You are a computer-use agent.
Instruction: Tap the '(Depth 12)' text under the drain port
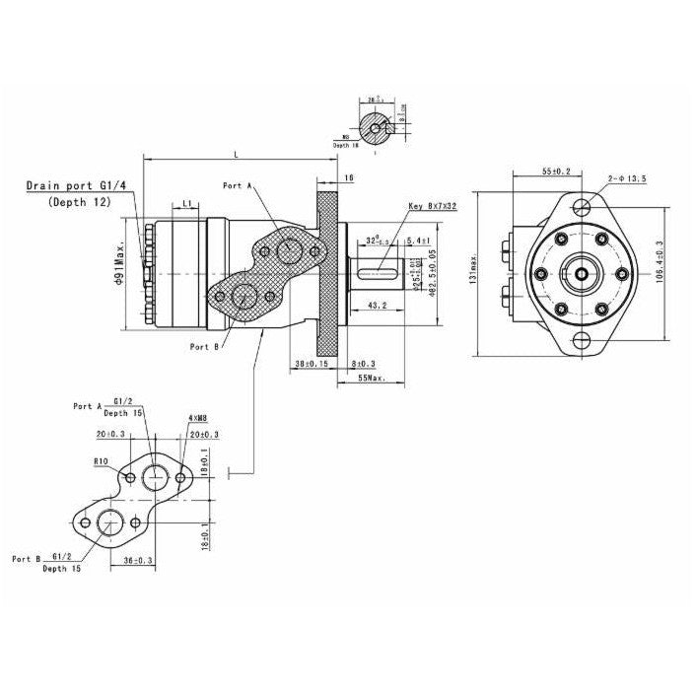point(80,201)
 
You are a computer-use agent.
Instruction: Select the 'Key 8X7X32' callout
point(432,206)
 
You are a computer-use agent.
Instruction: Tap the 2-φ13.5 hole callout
point(628,178)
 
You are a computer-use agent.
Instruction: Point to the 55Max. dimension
point(371,378)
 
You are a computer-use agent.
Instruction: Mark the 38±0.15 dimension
point(310,364)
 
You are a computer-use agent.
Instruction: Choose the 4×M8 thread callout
point(196,418)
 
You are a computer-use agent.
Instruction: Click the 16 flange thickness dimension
point(349,177)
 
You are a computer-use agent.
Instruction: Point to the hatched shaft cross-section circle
point(376,125)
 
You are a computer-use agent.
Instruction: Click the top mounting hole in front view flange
point(583,206)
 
